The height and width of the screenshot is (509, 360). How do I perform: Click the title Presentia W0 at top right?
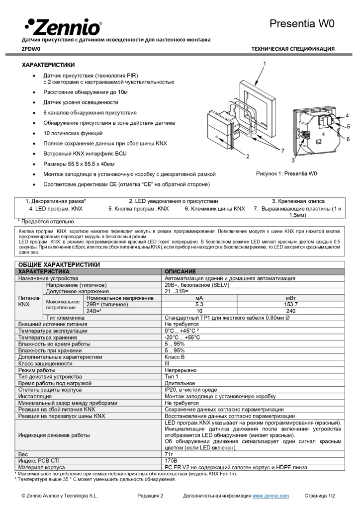click(302, 23)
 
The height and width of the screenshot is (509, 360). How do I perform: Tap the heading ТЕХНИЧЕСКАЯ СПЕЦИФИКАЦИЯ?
click(293, 49)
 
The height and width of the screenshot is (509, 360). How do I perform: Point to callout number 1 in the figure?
click(265, 64)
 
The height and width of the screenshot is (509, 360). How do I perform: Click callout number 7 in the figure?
click(282, 150)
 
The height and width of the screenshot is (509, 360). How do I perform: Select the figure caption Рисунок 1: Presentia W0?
click(286, 173)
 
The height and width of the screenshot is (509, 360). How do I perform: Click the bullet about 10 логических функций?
click(73, 133)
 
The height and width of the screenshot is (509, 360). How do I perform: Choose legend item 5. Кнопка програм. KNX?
click(138, 209)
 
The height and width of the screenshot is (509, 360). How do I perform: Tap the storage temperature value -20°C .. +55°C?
click(182, 337)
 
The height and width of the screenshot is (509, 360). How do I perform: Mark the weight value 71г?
click(169, 454)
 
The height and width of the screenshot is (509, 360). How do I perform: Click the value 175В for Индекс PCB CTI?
click(171, 461)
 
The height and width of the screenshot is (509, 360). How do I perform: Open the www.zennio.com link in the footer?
click(270, 496)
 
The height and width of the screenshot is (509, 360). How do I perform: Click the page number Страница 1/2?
click(320, 496)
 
